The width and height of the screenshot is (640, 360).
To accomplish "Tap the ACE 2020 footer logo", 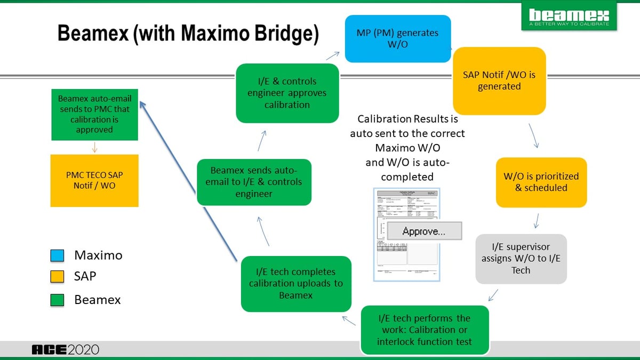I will coord(65,350).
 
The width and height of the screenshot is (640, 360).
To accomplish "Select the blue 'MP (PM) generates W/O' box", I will coord(397,38).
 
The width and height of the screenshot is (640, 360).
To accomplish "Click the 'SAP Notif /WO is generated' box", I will coord(499,81).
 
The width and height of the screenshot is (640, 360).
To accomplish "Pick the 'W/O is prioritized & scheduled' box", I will coord(541,182).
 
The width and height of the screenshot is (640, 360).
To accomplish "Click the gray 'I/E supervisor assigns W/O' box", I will coord(521,259).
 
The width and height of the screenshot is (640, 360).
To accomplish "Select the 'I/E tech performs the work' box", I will coord(425,330).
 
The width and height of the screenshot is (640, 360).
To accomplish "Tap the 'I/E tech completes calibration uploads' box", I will coord(296,284).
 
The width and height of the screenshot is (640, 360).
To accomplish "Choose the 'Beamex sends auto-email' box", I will coord(254,182).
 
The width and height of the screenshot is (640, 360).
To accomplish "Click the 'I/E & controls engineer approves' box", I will coord(287,93).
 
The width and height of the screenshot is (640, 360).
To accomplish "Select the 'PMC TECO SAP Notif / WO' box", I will coord(94,180).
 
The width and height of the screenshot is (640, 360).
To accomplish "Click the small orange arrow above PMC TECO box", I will coord(94,147).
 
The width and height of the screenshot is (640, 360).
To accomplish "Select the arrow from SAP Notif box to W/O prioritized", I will coord(534,137).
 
